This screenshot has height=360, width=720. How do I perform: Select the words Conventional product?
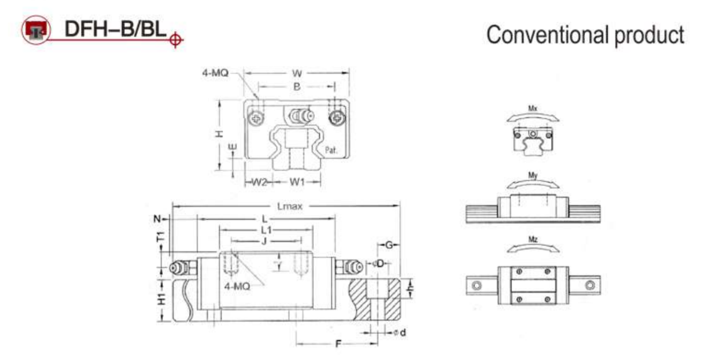585,35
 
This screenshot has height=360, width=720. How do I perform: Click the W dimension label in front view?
296,73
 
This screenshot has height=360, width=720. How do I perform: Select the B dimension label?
296,86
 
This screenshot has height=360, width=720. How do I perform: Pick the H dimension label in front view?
220,133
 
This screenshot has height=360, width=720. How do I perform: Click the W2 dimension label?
259,181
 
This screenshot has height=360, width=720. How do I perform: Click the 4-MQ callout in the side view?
236,287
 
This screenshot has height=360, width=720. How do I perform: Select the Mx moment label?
532,109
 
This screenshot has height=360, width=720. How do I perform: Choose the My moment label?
532,175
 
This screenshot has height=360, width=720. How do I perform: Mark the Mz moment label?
532,239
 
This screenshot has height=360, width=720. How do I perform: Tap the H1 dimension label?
161,299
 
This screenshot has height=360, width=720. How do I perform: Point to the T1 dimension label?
161,238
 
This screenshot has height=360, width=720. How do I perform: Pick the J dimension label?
264,241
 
